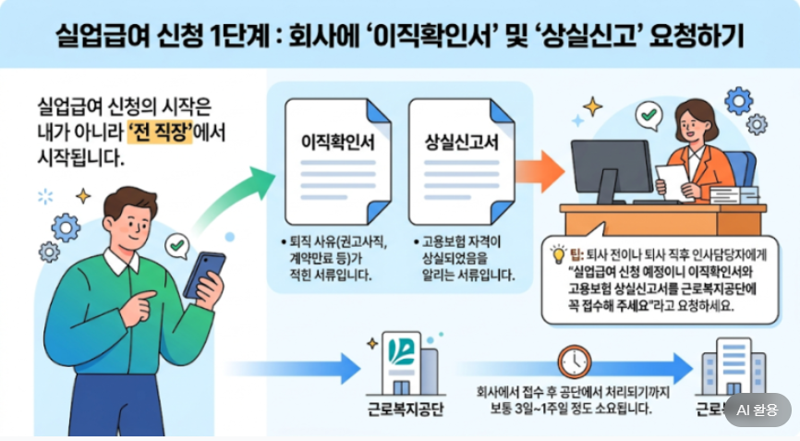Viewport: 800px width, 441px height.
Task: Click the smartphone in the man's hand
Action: (x=203, y=275)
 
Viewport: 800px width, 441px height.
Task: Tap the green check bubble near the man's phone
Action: (x=176, y=245)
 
